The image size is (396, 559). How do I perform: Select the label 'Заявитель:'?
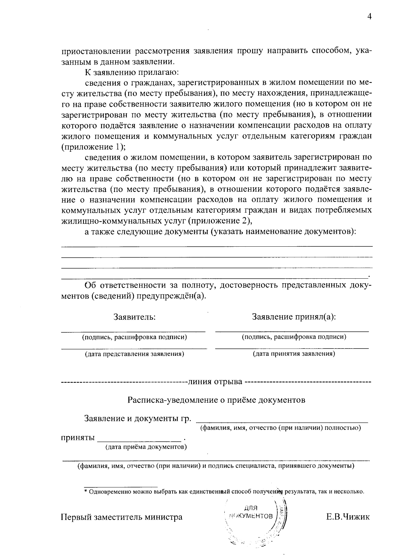pos(134,317)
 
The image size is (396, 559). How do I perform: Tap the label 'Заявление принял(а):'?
pos(294,317)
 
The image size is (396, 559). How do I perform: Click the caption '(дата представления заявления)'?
pos(134,354)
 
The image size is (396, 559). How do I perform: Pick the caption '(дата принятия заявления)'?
pos(294,354)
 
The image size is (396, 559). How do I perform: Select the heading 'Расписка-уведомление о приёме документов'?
pos(216,400)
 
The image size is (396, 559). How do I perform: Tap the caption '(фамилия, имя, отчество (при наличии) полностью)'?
pos(281,428)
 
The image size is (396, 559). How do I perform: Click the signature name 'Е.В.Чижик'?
pos(348,517)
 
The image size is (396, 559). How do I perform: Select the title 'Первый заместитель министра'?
pos(122,517)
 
